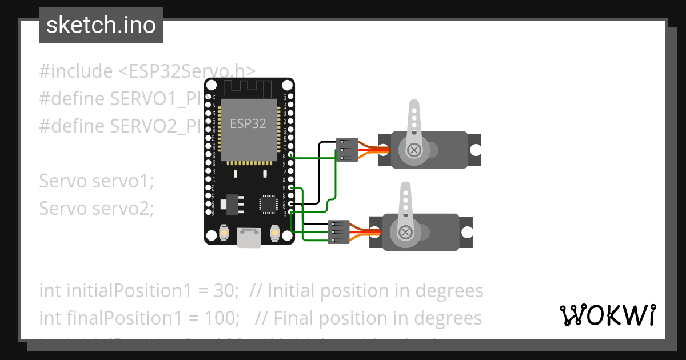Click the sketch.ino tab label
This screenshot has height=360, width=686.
(x=101, y=25)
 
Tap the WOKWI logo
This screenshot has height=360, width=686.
(x=607, y=315)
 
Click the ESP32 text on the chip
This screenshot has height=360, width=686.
(x=248, y=123)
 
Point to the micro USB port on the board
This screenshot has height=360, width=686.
(x=249, y=237)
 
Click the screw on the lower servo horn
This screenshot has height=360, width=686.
(x=405, y=232)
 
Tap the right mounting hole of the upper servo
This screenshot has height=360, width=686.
(x=476, y=150)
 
